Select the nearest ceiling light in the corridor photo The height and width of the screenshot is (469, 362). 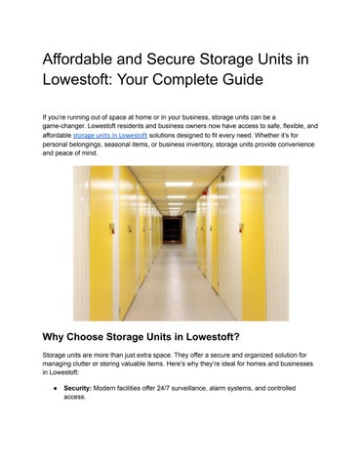pos(178,184)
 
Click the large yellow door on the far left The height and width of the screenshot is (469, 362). pos(101,244)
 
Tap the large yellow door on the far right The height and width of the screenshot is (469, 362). pos(254,244)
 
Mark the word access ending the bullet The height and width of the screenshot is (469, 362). pos(74,398)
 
